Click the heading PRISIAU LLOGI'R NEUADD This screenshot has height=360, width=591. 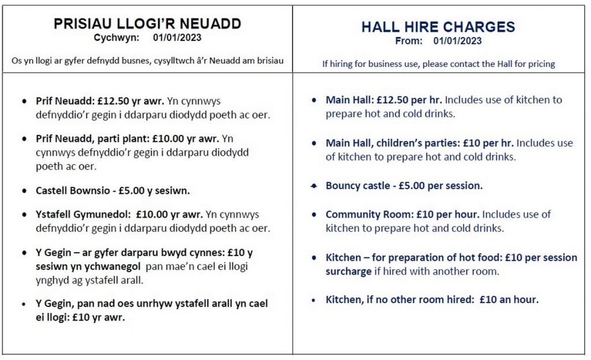(x=147, y=24)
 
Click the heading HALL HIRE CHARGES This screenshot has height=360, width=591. (x=438, y=27)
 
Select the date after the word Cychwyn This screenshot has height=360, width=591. (x=177, y=38)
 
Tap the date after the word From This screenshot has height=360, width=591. (x=457, y=41)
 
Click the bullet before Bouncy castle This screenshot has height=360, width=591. (x=313, y=186)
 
